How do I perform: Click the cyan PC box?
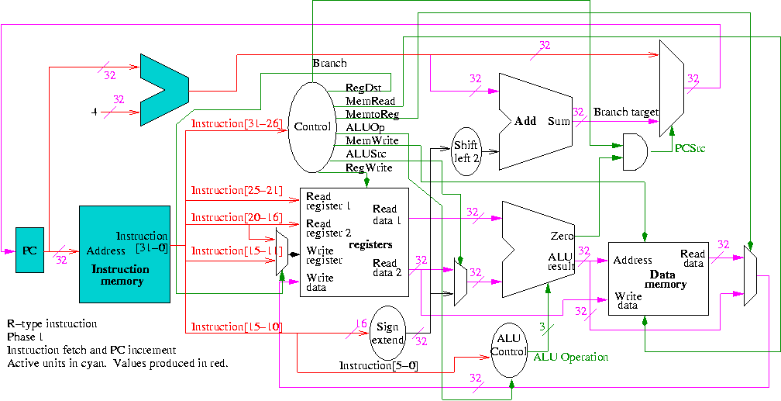click(29, 251)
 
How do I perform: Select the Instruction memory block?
click(124, 254)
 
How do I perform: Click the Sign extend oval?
click(387, 331)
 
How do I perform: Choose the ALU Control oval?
click(508, 344)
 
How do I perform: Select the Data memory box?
click(657, 278)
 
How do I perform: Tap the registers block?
click(354, 241)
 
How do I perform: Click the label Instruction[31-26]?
click(237, 124)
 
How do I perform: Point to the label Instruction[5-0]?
click(378, 365)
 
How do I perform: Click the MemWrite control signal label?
click(372, 140)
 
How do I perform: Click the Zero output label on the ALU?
click(562, 235)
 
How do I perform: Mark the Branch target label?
click(625, 112)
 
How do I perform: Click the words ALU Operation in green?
click(570, 357)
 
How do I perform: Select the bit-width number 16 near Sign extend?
click(360, 323)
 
